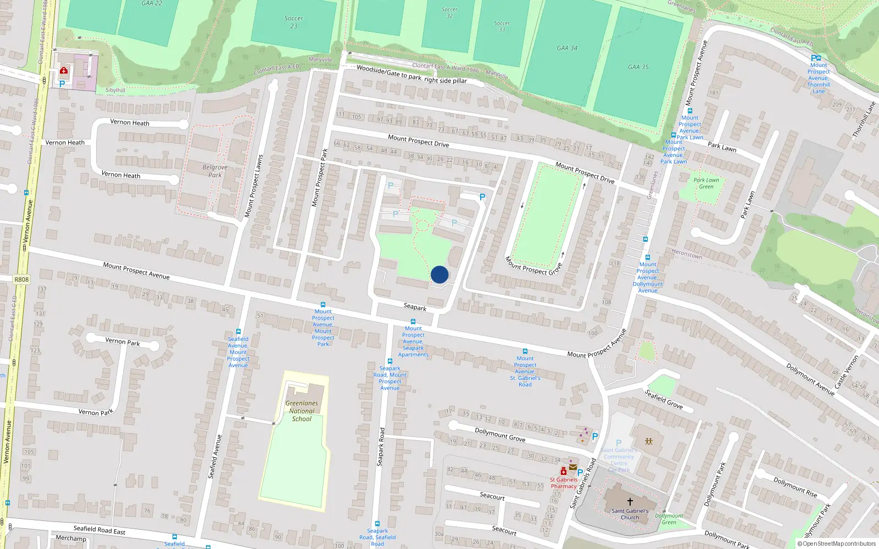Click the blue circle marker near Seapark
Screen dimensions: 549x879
click(x=439, y=274)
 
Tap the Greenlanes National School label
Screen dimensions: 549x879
click(x=302, y=411)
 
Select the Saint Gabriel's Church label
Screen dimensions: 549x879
click(x=630, y=514)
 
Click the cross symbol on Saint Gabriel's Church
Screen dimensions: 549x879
click(x=630, y=501)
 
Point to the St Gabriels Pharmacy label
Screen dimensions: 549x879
click(x=564, y=483)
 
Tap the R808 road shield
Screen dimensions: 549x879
click(x=21, y=279)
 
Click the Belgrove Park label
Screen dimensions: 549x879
click(x=215, y=171)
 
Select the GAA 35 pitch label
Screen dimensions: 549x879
click(x=638, y=67)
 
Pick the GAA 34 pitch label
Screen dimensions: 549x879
click(x=567, y=48)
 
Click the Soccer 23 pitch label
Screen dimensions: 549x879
click(x=294, y=22)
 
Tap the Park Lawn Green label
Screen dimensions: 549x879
click(x=706, y=183)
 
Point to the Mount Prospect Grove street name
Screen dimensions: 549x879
click(x=533, y=266)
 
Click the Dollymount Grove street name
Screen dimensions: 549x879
click(x=500, y=435)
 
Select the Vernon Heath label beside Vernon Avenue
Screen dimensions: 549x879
click(x=65, y=143)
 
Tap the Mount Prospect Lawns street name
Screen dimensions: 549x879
click(x=253, y=186)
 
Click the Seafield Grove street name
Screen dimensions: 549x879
click(x=664, y=399)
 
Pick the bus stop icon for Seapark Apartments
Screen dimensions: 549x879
click(x=413, y=322)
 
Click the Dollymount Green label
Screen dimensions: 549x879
click(x=669, y=519)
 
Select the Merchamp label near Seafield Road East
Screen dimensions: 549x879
click(x=71, y=539)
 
